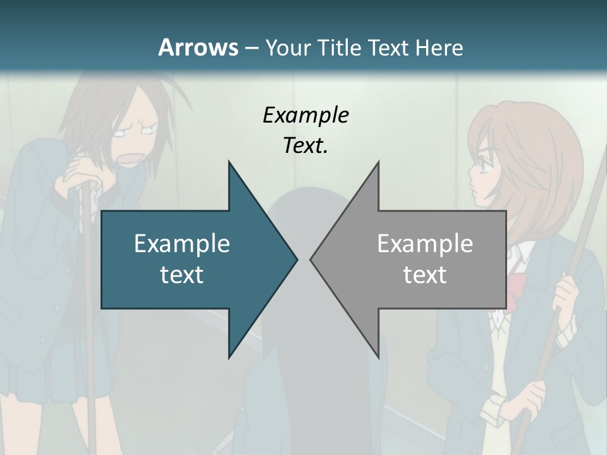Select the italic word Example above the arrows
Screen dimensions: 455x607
(305, 115)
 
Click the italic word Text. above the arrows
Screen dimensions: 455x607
(305, 145)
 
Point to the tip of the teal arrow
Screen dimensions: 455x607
(296, 259)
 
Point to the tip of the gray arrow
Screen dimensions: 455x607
(312, 259)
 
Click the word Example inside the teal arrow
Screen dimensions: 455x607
(182, 243)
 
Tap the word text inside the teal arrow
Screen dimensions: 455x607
(182, 274)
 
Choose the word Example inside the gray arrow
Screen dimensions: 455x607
(425, 243)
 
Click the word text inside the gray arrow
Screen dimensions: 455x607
(425, 274)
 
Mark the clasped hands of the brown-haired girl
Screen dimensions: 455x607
(79, 174)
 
